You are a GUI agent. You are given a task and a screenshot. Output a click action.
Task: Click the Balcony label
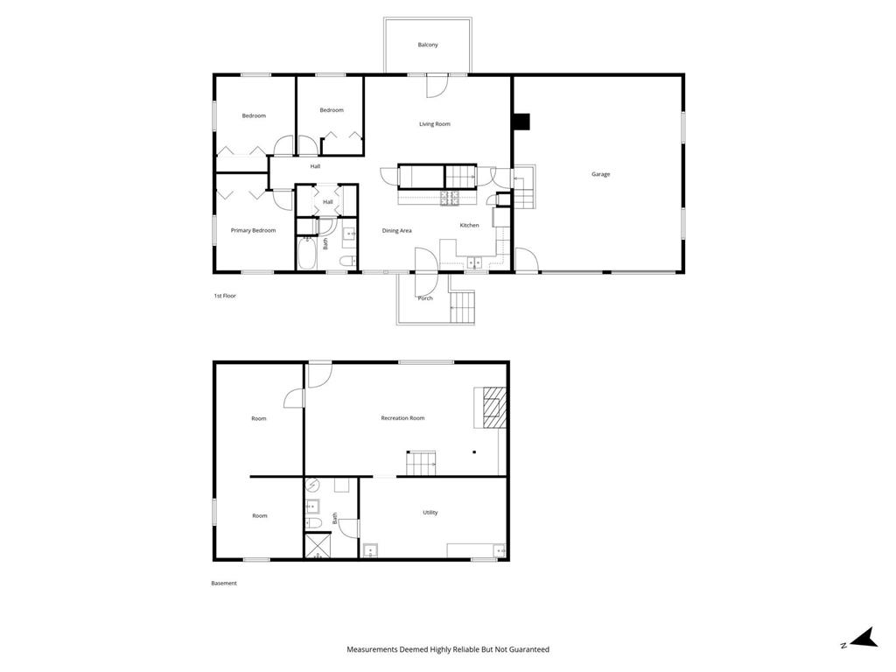tap(427, 45)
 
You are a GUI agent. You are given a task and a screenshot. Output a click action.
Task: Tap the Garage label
tap(600, 174)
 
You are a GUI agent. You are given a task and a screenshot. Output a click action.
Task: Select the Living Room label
tap(435, 124)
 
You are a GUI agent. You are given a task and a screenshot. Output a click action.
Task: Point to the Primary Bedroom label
tap(253, 230)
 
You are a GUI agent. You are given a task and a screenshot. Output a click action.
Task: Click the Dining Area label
tap(396, 231)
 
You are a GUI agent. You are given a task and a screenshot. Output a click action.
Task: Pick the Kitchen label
tap(469, 225)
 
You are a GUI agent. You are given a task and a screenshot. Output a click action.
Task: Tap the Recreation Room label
tap(402, 418)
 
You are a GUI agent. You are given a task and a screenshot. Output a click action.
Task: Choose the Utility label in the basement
tap(430, 513)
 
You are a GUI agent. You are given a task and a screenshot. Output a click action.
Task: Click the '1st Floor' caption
tap(225, 296)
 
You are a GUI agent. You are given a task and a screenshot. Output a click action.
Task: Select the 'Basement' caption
tap(224, 584)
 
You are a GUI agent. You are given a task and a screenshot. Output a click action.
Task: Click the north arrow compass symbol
tap(864, 638)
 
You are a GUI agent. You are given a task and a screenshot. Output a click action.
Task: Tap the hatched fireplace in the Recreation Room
tap(494, 408)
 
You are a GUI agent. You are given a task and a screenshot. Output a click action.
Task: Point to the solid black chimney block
tap(521, 122)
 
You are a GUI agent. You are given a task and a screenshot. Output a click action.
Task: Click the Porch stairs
tap(463, 307)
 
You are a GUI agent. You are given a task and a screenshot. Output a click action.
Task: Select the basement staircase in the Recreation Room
tap(421, 463)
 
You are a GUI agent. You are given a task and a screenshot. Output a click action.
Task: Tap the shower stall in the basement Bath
tap(318, 546)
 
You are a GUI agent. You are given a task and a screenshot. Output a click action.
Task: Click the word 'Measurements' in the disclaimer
tap(372, 650)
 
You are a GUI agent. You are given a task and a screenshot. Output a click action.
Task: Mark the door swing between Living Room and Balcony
tap(437, 86)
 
